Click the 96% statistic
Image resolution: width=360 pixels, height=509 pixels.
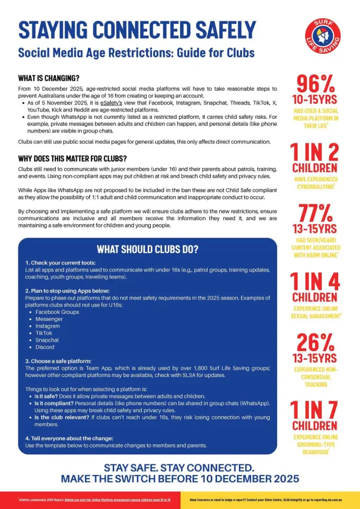[x=316, y=83]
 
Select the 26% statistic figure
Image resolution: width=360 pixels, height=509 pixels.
[x=316, y=342]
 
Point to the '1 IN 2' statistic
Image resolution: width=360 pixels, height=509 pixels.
[x=315, y=152]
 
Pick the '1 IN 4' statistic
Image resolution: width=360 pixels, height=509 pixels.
[x=315, y=282]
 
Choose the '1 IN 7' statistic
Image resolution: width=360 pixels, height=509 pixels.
[x=315, y=410]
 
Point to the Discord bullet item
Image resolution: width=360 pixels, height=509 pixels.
[x=46, y=347]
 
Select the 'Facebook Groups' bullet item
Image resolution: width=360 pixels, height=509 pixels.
[x=57, y=312]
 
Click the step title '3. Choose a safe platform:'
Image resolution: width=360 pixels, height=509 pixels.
[x=58, y=361]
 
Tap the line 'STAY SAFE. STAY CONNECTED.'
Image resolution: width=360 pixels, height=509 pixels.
[x=179, y=467]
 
